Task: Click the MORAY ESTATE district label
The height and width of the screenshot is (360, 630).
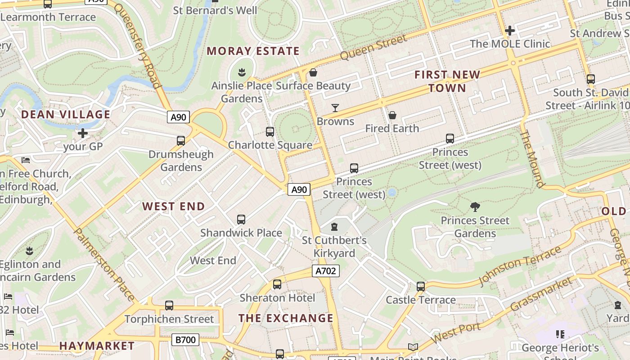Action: pyautogui.click(x=253, y=51)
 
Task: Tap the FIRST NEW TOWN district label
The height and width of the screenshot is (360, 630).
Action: pyautogui.click(x=447, y=81)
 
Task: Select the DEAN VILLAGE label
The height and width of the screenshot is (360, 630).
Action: pyautogui.click(x=66, y=114)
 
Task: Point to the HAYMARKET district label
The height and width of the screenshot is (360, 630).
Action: pyautogui.click(x=97, y=346)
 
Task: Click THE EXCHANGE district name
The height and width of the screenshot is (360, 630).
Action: pyautogui.click(x=286, y=318)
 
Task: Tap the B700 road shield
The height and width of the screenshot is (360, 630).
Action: pyautogui.click(x=185, y=339)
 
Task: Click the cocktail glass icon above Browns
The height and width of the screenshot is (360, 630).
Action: pyautogui.click(x=335, y=108)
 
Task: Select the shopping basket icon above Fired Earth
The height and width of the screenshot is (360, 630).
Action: pyautogui.click(x=392, y=116)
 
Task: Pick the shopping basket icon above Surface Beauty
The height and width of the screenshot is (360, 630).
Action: pyautogui.click(x=313, y=72)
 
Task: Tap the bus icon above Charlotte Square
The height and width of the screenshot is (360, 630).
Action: pyautogui.click(x=270, y=132)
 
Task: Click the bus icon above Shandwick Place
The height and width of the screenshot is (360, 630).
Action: pyautogui.click(x=241, y=220)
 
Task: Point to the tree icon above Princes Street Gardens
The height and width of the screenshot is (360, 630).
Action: pyautogui.click(x=475, y=207)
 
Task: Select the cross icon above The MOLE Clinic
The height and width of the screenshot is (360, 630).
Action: pyautogui.click(x=510, y=31)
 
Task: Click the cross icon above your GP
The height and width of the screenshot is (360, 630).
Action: pyautogui.click(x=83, y=133)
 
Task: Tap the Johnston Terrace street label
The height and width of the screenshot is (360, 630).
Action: pyautogui.click(x=520, y=265)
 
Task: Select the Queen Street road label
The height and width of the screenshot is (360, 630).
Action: pyautogui.click(x=373, y=48)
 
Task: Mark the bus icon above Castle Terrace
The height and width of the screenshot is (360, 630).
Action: pyautogui.click(x=421, y=287)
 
